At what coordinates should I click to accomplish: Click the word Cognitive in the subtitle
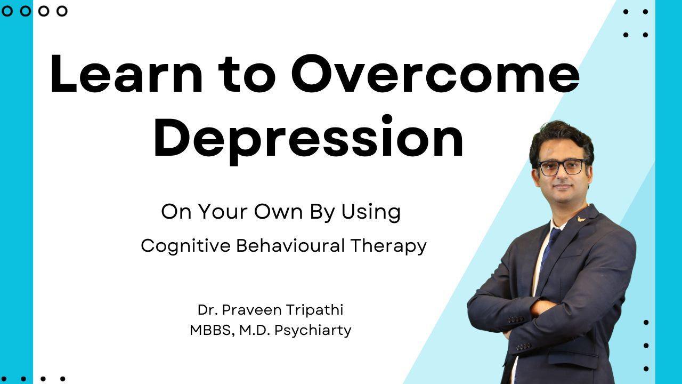[x=186, y=246]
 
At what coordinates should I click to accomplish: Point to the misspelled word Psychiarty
[x=313, y=331]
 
